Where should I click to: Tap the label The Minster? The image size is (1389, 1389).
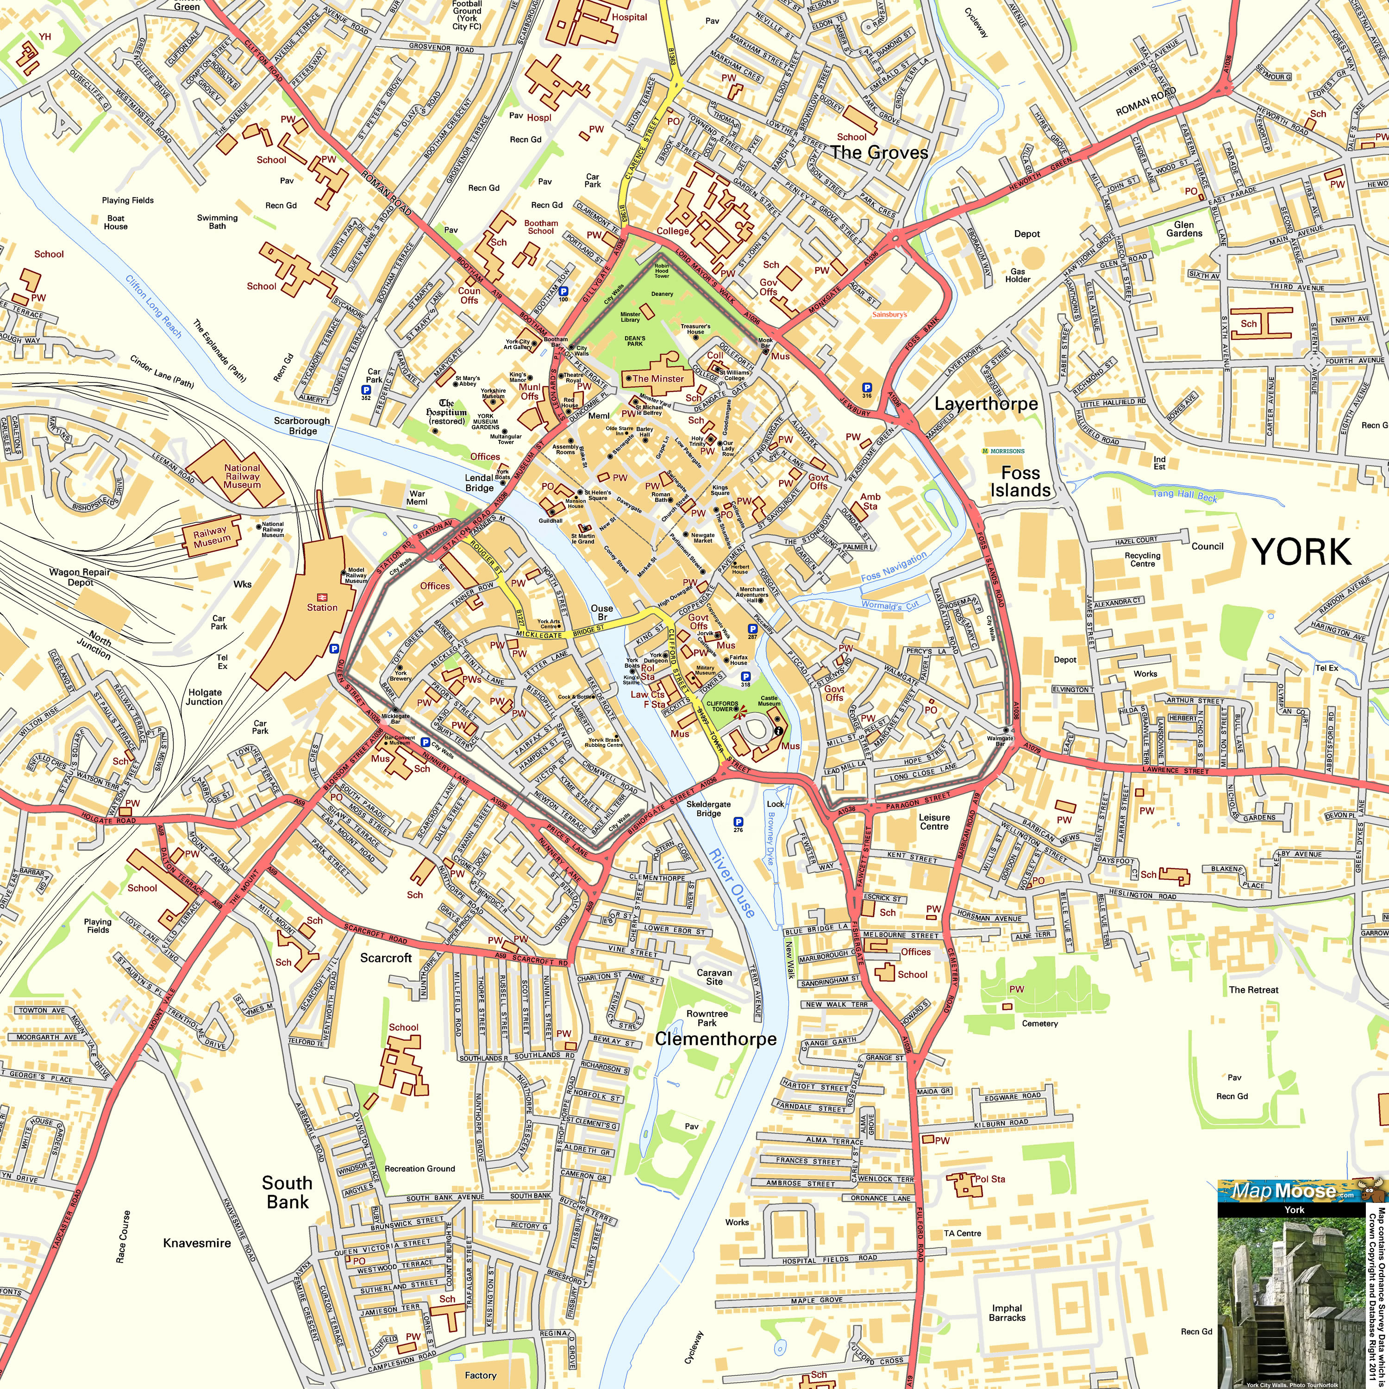658,378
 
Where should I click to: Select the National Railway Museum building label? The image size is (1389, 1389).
242,476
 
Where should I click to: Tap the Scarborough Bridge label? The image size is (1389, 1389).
302,425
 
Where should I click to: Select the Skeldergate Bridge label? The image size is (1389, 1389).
708,809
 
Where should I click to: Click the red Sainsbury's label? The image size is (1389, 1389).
889,314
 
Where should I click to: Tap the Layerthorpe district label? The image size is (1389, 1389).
986,404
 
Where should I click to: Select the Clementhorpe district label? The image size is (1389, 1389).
715,1039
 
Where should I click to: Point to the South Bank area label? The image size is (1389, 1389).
287,1192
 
